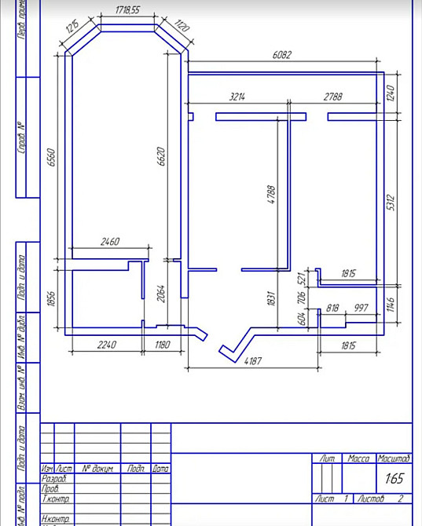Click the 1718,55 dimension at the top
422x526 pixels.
pyautogui.click(x=127, y=12)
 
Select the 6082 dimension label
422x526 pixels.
pyautogui.click(x=283, y=56)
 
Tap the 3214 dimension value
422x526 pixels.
pyautogui.click(x=237, y=97)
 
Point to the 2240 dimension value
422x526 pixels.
pyautogui.click(x=105, y=344)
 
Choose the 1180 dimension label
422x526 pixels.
pyautogui.click(x=162, y=344)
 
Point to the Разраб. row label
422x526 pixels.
pyautogui.click(x=56, y=478)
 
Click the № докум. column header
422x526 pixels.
pyautogui.click(x=97, y=469)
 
